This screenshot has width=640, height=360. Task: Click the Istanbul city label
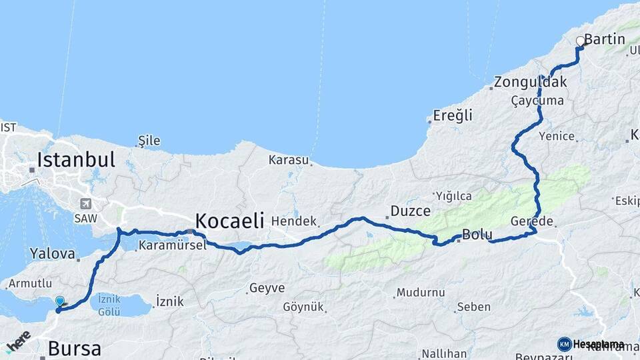click(x=76, y=160)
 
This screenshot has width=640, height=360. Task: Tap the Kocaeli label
click(x=229, y=220)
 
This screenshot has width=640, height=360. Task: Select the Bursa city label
click(x=74, y=349)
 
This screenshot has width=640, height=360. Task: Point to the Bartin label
click(x=605, y=39)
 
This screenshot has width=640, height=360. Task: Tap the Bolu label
click(x=477, y=235)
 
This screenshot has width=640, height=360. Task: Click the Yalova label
click(x=51, y=253)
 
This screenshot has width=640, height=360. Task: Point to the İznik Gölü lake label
click(x=109, y=306)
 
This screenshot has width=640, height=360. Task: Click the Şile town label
click(x=149, y=141)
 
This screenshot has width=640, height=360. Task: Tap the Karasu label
click(x=289, y=160)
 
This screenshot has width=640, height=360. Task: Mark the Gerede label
click(x=531, y=221)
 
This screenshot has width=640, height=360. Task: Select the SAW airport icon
click(x=85, y=204)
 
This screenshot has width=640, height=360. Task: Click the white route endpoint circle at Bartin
click(x=580, y=41)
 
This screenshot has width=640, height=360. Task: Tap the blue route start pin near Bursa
click(x=60, y=302)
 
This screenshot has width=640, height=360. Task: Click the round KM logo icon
click(x=564, y=344)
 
